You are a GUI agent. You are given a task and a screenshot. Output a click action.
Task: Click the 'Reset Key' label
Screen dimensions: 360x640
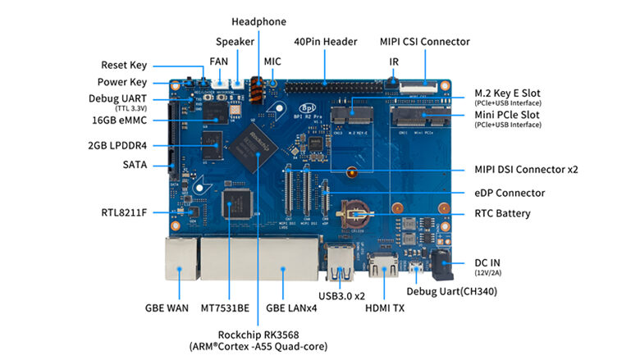pyautogui.click(x=124, y=66)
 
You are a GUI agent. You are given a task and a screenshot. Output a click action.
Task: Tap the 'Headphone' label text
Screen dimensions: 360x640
pyautogui.click(x=258, y=21)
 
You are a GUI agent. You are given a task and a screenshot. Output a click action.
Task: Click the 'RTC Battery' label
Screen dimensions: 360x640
pyautogui.click(x=502, y=214)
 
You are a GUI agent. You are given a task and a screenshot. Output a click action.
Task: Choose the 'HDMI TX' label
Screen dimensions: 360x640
pyautogui.click(x=382, y=308)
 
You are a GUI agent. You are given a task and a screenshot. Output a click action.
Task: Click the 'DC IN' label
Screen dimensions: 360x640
pyautogui.click(x=490, y=261)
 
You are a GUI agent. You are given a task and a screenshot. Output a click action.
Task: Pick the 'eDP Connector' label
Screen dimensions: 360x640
pyautogui.click(x=510, y=194)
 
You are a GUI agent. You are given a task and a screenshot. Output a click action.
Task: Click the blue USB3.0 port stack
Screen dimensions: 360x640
pyautogui.click(x=339, y=261)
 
